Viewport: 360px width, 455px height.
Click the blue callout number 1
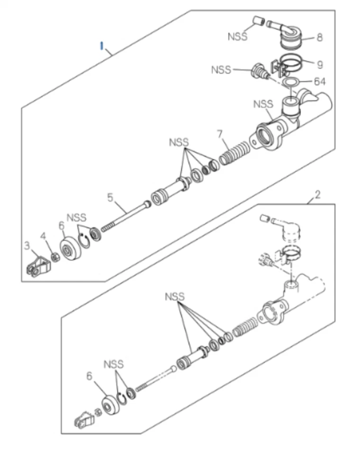coord(101,45)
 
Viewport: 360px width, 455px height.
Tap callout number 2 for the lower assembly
coord(317,194)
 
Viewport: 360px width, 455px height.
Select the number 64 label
coord(320,82)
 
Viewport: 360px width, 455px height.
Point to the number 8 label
coord(319,38)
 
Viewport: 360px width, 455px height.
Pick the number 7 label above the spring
coord(219,135)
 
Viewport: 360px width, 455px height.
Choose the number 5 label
coord(110,197)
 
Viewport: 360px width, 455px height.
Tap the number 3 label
coord(27,245)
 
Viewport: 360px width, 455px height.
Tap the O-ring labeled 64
coord(290,82)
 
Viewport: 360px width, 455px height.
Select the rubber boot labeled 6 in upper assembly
coord(71,248)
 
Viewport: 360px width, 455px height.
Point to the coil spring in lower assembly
coord(245,327)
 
